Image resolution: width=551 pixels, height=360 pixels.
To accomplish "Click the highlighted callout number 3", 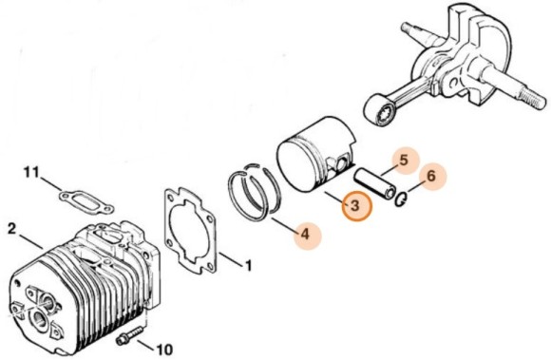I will click(355, 206).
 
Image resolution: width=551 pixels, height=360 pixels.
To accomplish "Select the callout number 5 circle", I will click(404, 161).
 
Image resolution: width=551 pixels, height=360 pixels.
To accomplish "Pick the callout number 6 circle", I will click(431, 176).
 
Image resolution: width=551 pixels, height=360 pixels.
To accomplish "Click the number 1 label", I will click(248, 263).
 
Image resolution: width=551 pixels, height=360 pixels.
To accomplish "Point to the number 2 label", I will click(11, 229).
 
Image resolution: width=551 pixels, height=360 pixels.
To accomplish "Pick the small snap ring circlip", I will click(403, 198).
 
